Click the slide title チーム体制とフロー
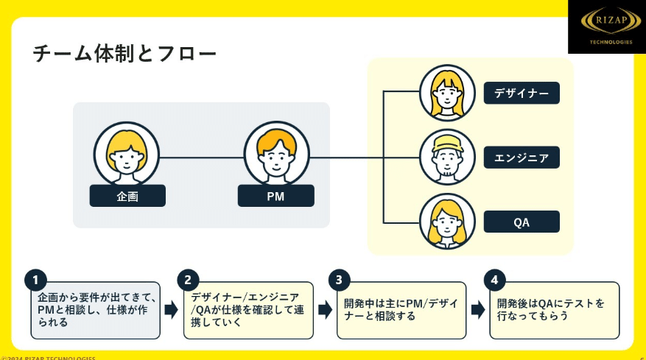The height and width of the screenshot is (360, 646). pos(125,54)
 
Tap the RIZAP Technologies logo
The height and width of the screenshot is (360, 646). pos(606,27)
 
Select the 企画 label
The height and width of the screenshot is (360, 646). pos(127,196)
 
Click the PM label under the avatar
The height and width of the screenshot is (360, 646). pos(275,196)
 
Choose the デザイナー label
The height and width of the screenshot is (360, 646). pos(522,93)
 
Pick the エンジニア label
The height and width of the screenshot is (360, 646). pos(522,158)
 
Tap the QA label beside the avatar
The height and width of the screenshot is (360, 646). pos(522,222)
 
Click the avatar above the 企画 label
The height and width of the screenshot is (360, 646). pos(127,154)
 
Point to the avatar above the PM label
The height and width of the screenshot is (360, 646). pos(276,154)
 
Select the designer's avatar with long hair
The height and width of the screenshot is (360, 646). pos(448,93)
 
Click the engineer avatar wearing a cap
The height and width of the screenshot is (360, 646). pos(448,157)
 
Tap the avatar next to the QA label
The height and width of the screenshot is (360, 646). pos(448,221)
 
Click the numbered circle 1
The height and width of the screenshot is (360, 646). pos(35,280)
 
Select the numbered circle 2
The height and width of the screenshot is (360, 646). pos(188,280)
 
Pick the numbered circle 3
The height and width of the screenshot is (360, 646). pos(339,280)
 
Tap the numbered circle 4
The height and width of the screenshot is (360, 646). pos(495,280)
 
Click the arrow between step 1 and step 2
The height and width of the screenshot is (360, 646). pos(171,310)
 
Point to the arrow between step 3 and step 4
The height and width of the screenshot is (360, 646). pos(477,310)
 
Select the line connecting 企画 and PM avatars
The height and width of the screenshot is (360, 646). pos(201,158)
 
